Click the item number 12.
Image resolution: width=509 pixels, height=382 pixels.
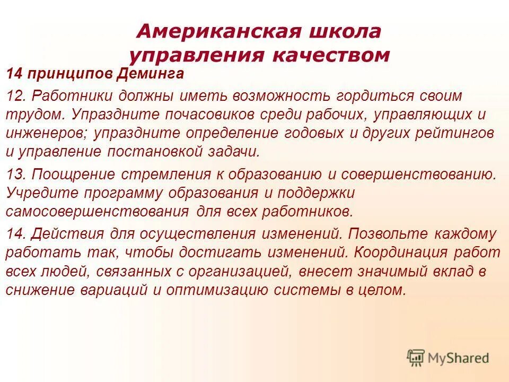pos(16,97)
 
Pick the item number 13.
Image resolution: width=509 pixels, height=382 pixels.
pos(16,174)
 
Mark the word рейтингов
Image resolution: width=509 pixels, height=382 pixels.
pos(454,133)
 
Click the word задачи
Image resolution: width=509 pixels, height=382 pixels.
pos(235,151)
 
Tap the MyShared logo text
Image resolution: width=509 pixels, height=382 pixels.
pos(459,358)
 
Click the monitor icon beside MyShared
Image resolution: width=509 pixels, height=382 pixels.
pos(416,357)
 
